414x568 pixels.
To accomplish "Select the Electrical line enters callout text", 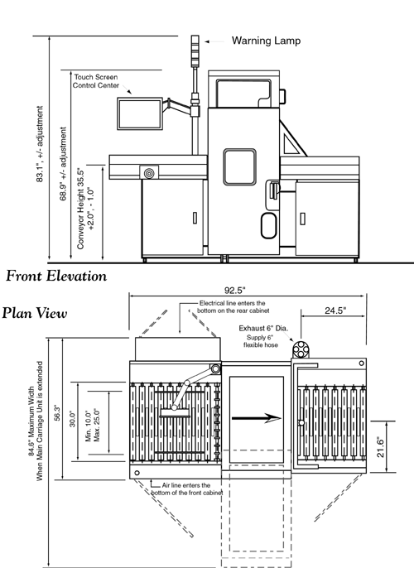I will coord(219,309).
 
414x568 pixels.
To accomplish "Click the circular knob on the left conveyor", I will coord(149,174).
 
